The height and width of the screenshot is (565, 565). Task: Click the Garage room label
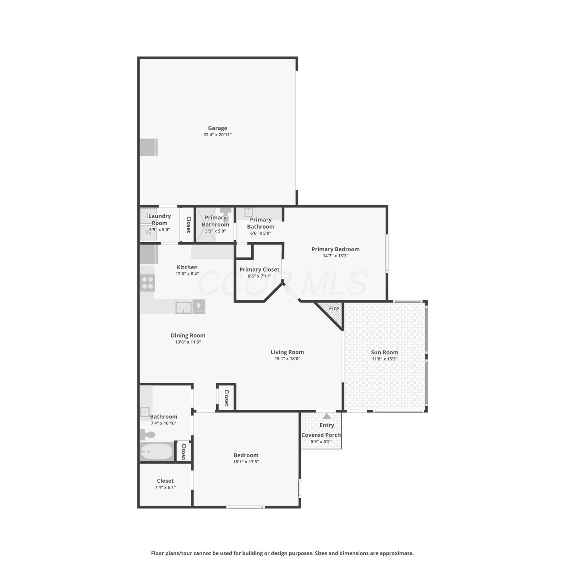pyautogui.click(x=217, y=128)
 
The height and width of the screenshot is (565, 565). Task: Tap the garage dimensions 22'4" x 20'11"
pyautogui.click(x=217, y=134)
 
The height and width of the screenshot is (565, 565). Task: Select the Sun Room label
pyautogui.click(x=385, y=353)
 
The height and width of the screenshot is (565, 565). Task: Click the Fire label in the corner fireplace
pyautogui.click(x=334, y=308)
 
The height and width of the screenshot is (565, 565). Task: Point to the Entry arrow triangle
pyautogui.click(x=327, y=416)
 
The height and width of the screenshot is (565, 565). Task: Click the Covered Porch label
pyautogui.click(x=321, y=435)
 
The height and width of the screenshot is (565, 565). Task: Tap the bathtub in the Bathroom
pyautogui.click(x=157, y=451)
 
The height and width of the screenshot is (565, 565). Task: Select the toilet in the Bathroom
pyautogui.click(x=147, y=435)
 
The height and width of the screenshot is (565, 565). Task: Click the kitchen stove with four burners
pyautogui.click(x=147, y=283)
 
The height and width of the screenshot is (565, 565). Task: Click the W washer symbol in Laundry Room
pyautogui.click(x=148, y=232)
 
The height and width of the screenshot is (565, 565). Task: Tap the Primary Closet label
pyautogui.click(x=260, y=269)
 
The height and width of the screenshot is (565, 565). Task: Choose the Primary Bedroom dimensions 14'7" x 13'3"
pyautogui.click(x=336, y=256)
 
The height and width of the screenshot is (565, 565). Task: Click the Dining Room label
pyautogui.click(x=188, y=335)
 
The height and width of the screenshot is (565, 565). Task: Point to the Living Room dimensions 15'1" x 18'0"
pyautogui.click(x=287, y=359)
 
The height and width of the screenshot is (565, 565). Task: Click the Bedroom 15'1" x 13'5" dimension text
pyautogui.click(x=246, y=462)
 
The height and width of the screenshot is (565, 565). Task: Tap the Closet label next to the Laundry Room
pyautogui.click(x=189, y=225)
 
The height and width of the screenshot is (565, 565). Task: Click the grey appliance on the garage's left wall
pyautogui.click(x=149, y=147)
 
